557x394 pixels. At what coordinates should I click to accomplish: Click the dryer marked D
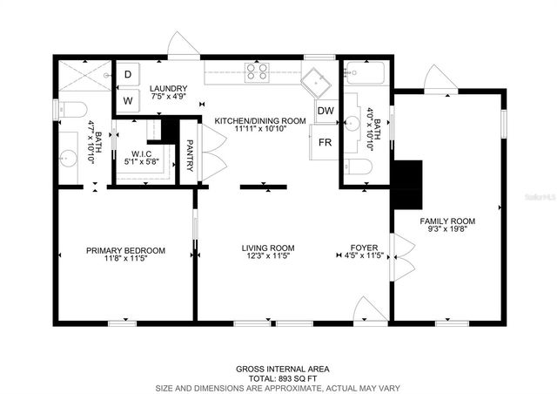point(128,76)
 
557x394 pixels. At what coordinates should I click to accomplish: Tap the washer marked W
point(128,100)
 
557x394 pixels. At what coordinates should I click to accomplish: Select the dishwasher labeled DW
point(325,111)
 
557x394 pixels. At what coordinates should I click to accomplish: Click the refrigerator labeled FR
point(325,142)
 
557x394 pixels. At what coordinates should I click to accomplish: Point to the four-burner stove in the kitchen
point(257,71)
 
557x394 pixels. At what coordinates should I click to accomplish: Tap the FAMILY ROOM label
point(447,221)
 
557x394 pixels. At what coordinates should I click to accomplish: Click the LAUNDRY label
point(168,89)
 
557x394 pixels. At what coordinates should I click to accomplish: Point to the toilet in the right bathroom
point(358,166)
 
